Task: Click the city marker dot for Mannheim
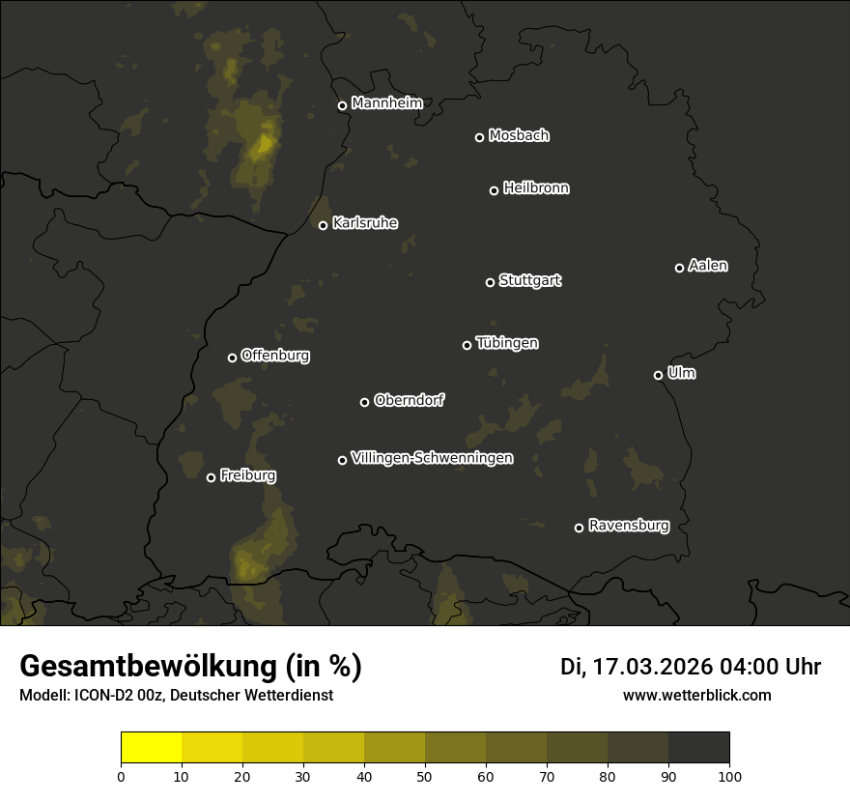(342, 106)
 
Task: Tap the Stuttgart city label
(530, 281)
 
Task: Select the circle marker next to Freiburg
(211, 477)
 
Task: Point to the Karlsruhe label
(365, 224)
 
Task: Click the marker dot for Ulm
(658, 375)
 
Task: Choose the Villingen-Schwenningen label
(433, 458)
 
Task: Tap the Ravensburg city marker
(579, 528)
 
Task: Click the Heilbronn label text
(536, 188)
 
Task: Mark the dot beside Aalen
(679, 268)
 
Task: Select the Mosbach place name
(519, 136)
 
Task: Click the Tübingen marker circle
(467, 345)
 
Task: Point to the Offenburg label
(275, 356)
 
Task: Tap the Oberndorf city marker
(364, 402)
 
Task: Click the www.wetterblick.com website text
(696, 695)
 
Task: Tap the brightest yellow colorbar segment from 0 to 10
(152, 748)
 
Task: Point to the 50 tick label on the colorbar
(425, 776)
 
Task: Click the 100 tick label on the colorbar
(729, 776)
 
